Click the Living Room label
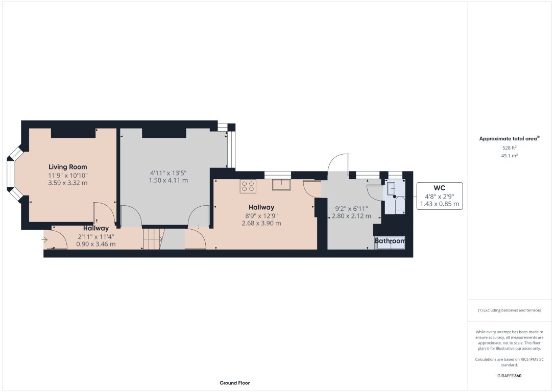[68, 167]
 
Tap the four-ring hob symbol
[249, 186]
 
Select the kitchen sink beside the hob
[281, 184]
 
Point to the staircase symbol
[152, 239]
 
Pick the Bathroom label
[390, 241]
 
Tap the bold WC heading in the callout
[439, 188]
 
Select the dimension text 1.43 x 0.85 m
[439, 204]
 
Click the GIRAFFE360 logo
[509, 376]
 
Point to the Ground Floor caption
[234, 383]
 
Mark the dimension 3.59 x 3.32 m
[68, 183]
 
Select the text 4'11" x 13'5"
[168, 172]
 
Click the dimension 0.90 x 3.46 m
[96, 244]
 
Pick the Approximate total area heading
[509, 138]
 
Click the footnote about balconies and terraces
[509, 310]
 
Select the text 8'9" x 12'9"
[261, 215]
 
